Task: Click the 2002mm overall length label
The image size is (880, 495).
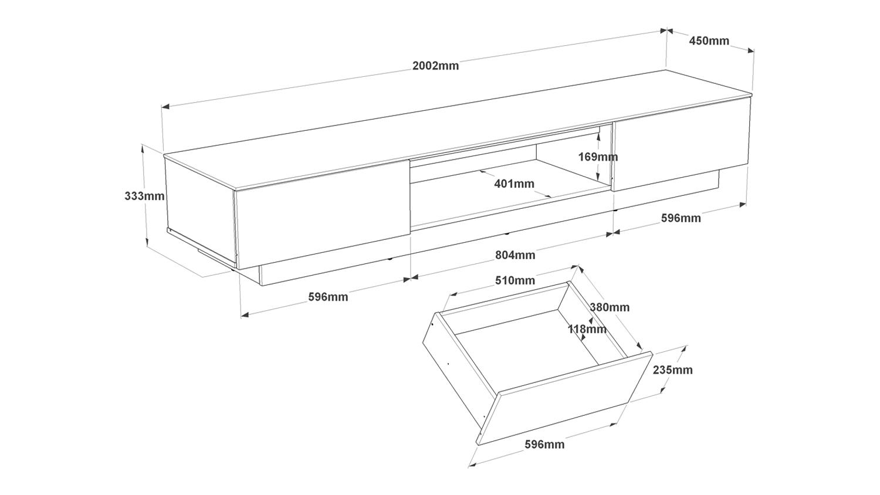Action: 435,66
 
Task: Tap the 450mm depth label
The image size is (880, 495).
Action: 709,41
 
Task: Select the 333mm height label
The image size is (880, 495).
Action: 144,196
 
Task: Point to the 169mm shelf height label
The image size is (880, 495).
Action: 598,157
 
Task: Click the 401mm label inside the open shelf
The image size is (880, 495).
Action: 514,184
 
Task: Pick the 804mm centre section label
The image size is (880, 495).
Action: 515,255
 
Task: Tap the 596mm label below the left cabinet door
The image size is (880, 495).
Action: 328,297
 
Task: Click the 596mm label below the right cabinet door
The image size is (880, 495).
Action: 681,218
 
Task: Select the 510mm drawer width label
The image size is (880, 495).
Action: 515,280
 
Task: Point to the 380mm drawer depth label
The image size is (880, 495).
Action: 610,307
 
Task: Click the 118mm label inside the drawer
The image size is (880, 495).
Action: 587,329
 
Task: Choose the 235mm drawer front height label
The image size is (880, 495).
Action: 672,370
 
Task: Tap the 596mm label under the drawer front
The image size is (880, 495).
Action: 544,445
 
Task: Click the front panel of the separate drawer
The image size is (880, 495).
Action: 563,399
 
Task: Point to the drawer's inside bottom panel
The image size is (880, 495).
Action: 528,352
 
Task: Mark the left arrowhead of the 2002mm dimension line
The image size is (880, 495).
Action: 165,107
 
